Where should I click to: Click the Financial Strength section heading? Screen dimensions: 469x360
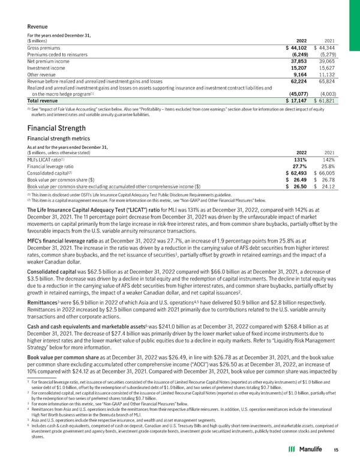pyautogui.click(x=58, y=127)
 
